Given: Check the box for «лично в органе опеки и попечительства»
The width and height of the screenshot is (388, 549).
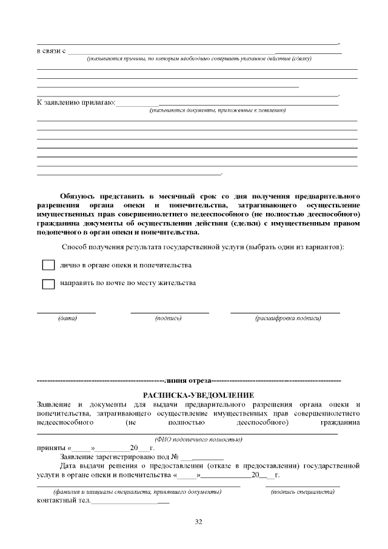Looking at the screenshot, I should click(48, 266).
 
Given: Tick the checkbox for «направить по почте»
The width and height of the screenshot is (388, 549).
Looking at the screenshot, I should click(48, 284).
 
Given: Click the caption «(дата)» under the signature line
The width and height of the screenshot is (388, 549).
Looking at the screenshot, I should click(67, 318).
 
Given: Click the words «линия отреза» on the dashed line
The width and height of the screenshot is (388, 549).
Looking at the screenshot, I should click(187, 380).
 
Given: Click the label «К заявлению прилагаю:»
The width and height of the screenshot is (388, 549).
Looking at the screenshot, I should click(76, 102).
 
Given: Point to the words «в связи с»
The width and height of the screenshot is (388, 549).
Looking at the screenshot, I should click(51, 50).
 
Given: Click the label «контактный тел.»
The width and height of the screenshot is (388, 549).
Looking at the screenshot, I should click(64, 500).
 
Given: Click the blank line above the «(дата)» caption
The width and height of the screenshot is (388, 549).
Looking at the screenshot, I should click(67, 312).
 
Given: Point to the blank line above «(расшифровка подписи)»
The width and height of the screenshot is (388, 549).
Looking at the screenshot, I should click(285, 312).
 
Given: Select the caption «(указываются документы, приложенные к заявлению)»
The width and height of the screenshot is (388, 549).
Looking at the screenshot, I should click(218, 110).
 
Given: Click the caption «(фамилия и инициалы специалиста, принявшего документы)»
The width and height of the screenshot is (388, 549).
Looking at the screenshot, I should click(137, 491).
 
